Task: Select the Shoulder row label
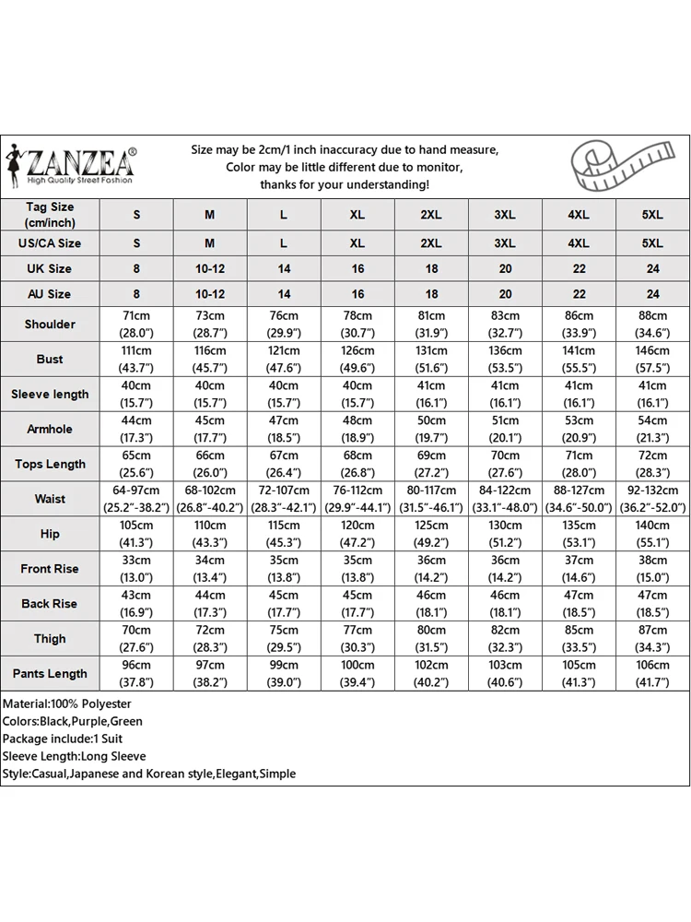[x=51, y=325]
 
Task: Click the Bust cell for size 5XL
[x=652, y=360]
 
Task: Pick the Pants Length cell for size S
[x=136, y=674]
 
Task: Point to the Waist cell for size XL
[x=357, y=499]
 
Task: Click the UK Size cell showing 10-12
[x=210, y=268]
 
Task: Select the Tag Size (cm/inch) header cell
[x=51, y=215]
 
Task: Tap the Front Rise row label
[x=51, y=569]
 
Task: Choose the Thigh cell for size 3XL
[x=505, y=639]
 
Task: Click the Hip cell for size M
[x=210, y=534]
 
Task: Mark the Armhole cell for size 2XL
[x=431, y=429]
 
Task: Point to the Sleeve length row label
[x=51, y=395]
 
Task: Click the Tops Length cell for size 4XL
[x=579, y=464]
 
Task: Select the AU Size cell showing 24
[x=652, y=294]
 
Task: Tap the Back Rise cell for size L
[x=284, y=604]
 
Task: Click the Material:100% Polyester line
[x=67, y=704]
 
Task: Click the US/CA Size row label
[x=51, y=243]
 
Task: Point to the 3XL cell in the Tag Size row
[x=505, y=215]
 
